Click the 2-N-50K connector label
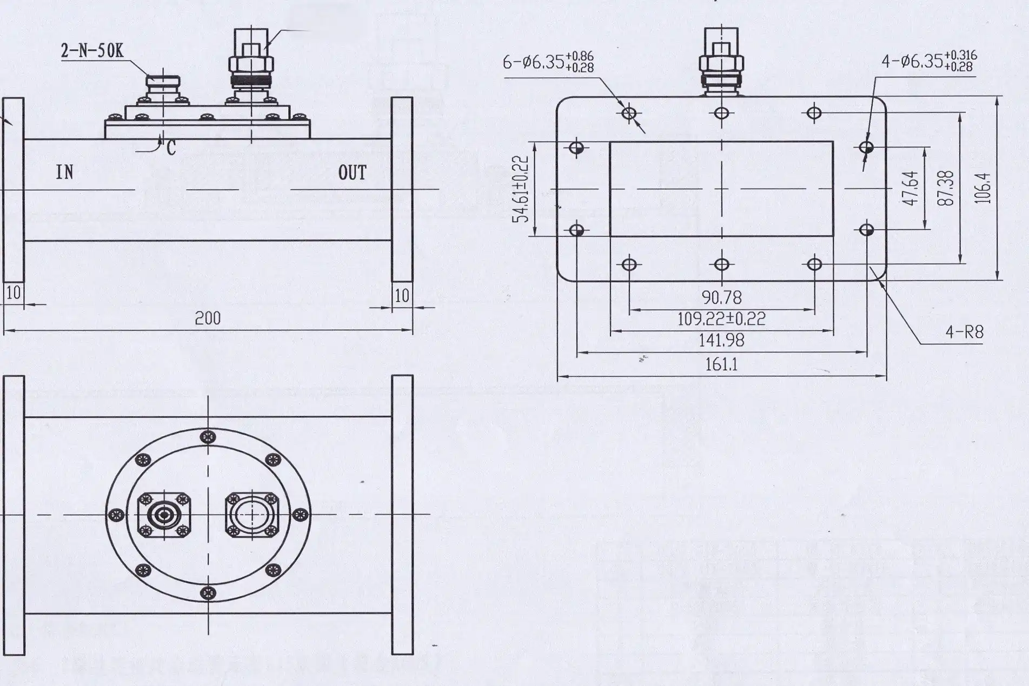coord(92,51)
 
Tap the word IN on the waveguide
coord(64,172)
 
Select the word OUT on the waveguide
coord(352,173)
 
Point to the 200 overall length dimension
coord(208,318)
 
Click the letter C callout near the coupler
coord(171,148)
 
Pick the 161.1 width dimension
coord(721,365)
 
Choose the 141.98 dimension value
coord(721,341)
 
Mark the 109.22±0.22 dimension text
coord(721,319)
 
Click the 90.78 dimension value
coord(721,297)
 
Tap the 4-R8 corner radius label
coord(964,332)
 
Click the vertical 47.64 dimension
coord(911,188)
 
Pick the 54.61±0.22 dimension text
coord(520,189)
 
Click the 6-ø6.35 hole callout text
coord(548,62)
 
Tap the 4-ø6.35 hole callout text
coord(928,61)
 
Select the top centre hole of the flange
coord(722,113)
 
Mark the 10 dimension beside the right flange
coord(402,296)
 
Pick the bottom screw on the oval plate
coord(208,593)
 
